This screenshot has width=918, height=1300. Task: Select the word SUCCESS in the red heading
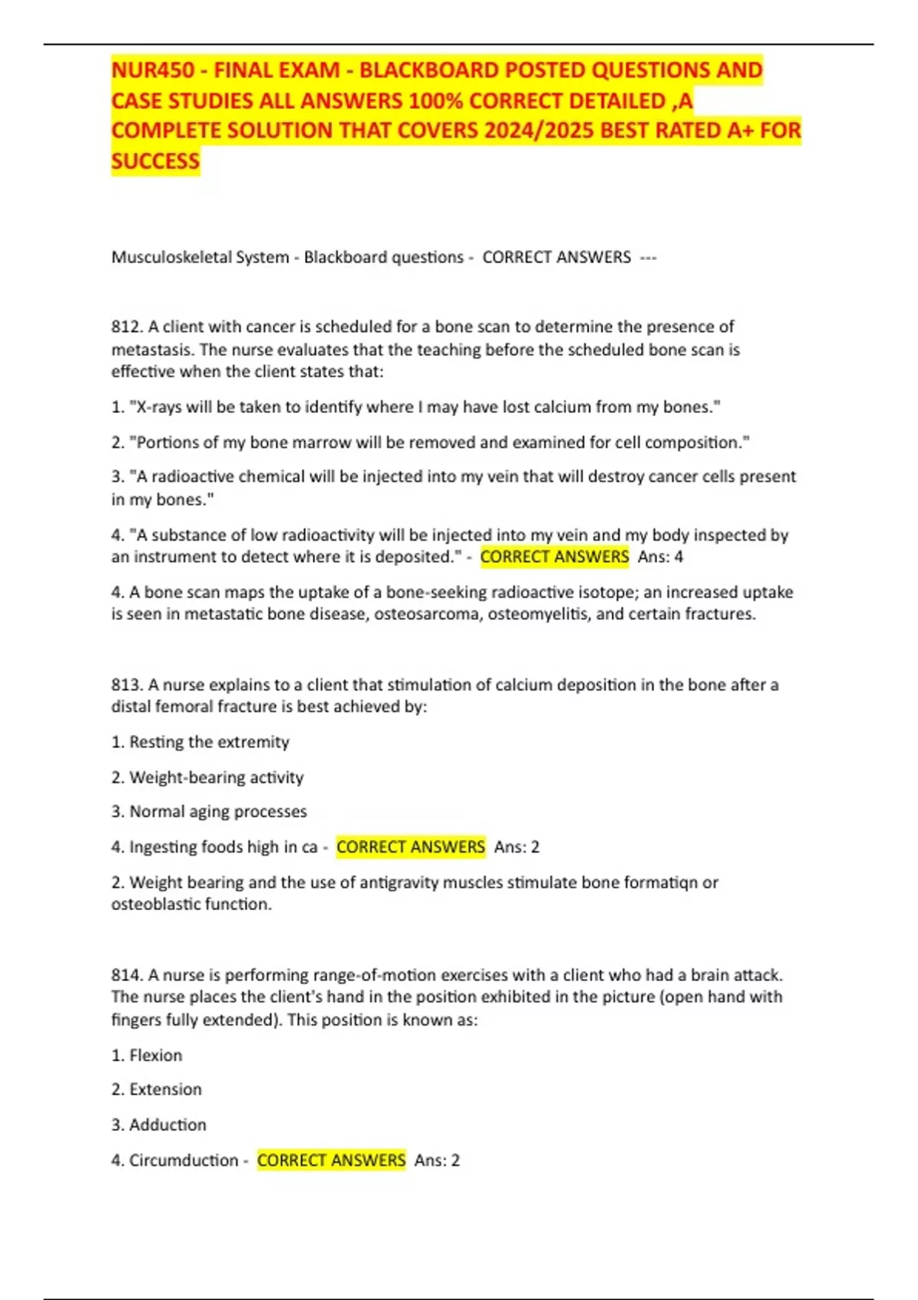(x=155, y=161)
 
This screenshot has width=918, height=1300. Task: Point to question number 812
(x=125, y=327)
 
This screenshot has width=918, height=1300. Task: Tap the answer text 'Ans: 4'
(x=660, y=557)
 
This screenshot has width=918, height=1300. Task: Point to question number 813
(x=125, y=685)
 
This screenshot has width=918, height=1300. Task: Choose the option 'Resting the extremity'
(x=209, y=743)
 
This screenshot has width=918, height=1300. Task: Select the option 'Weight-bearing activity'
(x=216, y=778)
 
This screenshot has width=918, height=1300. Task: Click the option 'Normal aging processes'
(x=218, y=811)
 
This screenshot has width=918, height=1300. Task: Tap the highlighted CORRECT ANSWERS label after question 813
(x=411, y=847)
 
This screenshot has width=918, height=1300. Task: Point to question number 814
(x=125, y=976)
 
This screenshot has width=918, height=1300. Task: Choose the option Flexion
(x=155, y=1055)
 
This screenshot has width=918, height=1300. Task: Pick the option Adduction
(x=168, y=1125)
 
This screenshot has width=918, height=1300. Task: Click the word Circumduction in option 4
(x=184, y=1161)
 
